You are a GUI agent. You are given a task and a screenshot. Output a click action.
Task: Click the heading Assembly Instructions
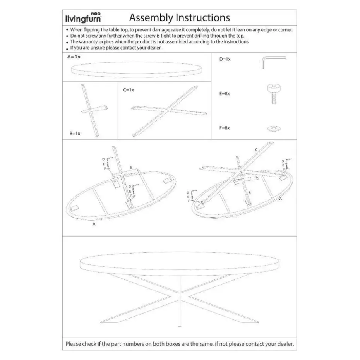coord(179,17)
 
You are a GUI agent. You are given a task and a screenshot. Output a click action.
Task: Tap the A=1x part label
coord(74,57)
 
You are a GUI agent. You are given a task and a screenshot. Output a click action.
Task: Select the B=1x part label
coord(75,133)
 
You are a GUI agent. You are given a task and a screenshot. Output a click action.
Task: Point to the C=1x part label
coord(129,90)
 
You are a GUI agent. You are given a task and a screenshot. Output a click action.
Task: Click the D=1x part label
coord(225,59)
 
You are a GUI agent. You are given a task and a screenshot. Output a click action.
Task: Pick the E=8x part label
coord(225,94)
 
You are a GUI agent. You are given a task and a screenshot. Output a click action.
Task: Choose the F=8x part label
coord(225,127)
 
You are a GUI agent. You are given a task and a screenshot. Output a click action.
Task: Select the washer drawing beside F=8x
coord(273,128)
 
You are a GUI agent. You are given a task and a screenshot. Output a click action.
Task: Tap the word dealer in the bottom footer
coord(284,343)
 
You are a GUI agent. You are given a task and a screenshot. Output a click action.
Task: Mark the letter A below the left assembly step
coord(94,224)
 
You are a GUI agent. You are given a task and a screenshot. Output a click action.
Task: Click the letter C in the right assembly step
coord(256,149)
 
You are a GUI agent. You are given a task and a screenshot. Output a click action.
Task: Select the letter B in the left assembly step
coord(131,167)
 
